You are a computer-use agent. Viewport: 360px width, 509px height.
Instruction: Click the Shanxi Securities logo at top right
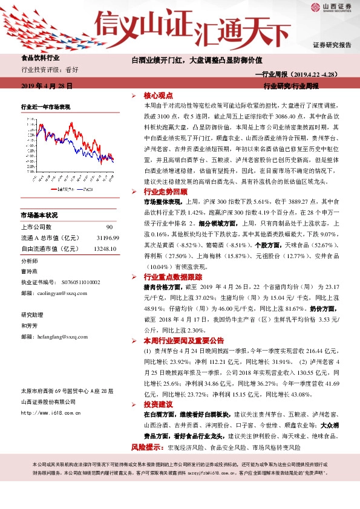coord(331,8)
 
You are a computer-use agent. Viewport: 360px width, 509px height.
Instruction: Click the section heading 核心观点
coord(159,96)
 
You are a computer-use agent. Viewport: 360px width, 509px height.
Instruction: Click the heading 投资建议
coord(159,404)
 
